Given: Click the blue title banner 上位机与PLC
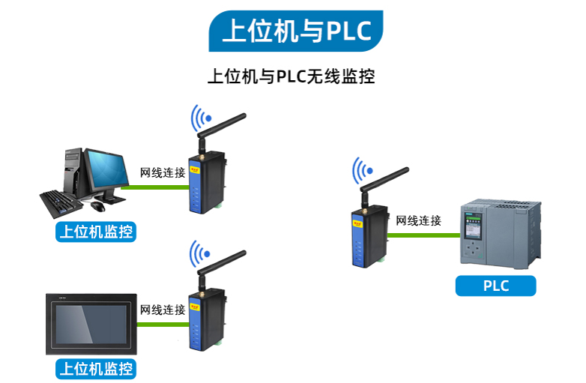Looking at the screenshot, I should (296, 31).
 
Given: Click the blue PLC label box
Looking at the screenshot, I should (495, 286).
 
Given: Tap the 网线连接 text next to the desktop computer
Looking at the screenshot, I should (163, 172).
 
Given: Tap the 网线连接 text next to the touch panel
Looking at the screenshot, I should (163, 310).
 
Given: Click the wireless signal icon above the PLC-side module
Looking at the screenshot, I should (363, 170).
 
